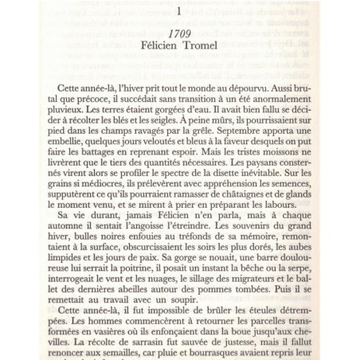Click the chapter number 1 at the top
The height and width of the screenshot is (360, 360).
click(x=179, y=12)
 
